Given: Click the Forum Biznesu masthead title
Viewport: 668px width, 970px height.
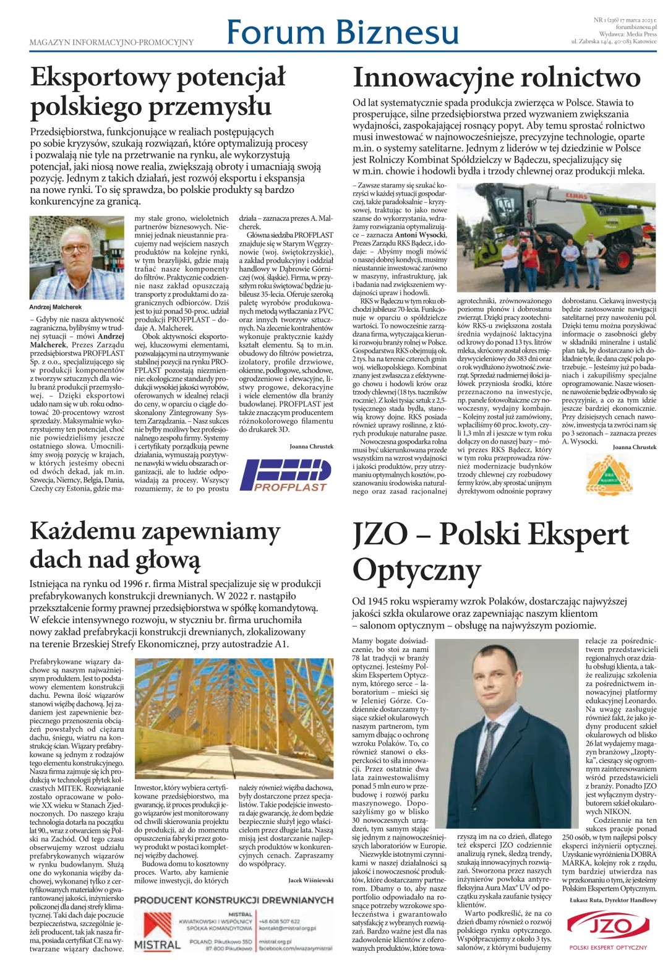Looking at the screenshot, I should (x=342, y=32).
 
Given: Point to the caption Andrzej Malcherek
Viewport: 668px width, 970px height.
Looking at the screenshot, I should (x=56, y=307).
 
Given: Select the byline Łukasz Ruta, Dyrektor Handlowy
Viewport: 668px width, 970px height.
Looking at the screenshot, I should (x=613, y=900).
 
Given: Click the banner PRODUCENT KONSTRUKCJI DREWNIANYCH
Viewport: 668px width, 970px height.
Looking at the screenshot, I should (x=234, y=899).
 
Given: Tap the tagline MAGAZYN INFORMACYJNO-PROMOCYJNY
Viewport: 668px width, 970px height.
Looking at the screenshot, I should (x=111, y=43).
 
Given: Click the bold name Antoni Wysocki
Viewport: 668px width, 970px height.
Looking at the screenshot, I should (x=420, y=235).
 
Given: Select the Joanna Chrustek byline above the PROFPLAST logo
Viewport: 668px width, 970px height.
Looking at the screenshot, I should (x=311, y=446).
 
